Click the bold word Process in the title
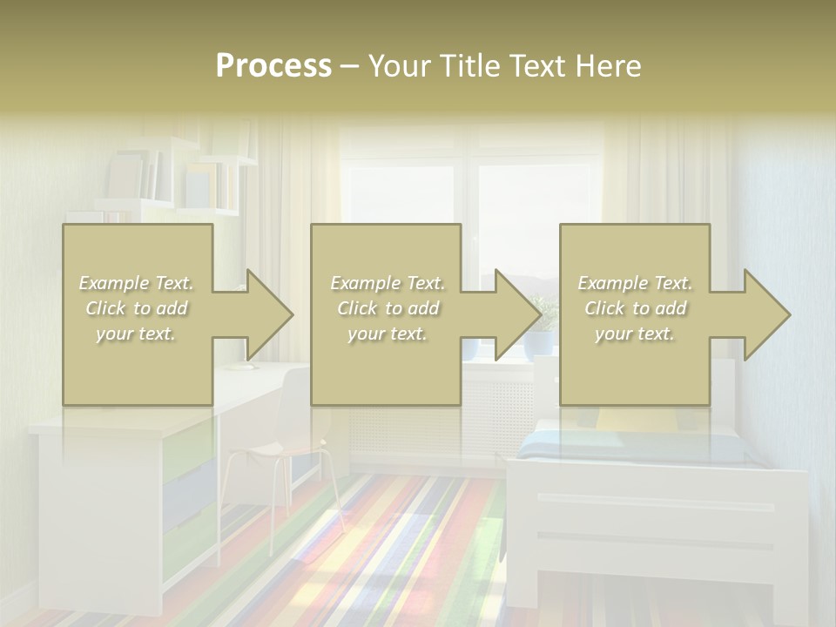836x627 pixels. click(x=273, y=66)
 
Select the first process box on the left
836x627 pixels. click(x=137, y=253)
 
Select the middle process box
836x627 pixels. click(x=386, y=253)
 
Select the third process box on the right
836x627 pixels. click(x=634, y=253)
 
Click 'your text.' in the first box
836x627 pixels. click(x=136, y=334)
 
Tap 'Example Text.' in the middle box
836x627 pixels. click(x=388, y=283)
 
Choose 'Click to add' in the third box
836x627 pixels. click(x=636, y=308)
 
